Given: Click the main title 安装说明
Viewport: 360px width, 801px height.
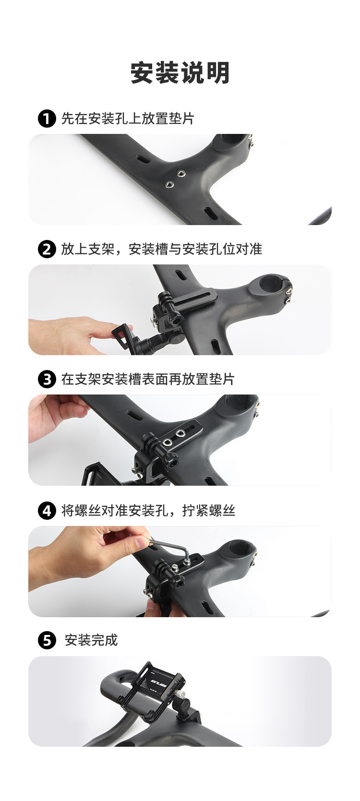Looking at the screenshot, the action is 180,73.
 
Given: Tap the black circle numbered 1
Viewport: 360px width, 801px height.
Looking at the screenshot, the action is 47,119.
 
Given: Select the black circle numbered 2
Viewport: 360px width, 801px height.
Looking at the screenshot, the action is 47,249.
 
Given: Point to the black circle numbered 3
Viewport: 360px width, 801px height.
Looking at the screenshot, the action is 47,380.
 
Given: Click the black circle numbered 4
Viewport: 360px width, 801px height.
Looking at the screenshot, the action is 47,511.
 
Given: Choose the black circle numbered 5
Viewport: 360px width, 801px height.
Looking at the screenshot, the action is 47,640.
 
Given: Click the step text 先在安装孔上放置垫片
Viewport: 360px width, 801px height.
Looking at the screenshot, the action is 128,119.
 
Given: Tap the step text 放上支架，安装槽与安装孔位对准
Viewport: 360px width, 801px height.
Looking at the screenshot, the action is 162,249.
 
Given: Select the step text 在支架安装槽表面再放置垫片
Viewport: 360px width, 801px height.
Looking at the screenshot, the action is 148,380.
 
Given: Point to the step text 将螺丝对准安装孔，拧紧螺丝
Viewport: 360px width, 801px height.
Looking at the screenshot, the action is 148,511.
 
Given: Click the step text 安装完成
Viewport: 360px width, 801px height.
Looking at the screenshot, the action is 91,640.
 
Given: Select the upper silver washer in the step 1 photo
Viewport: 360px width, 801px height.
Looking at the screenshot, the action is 181,174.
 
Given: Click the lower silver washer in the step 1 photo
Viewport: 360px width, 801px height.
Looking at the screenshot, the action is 169,184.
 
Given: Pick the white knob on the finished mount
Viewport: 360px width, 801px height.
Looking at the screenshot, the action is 183,694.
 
